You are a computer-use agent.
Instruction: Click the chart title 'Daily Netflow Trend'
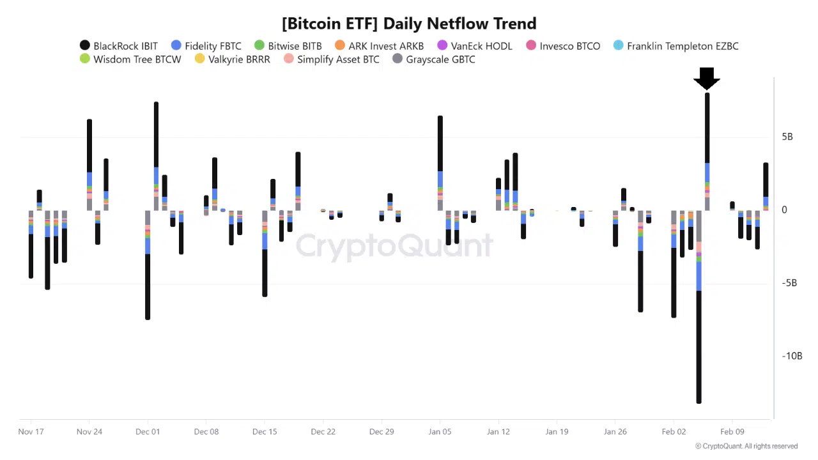click(x=409, y=24)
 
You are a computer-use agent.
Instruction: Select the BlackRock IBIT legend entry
click(x=119, y=46)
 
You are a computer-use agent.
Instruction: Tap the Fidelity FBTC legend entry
click(x=206, y=46)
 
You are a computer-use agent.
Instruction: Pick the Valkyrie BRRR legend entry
click(x=232, y=59)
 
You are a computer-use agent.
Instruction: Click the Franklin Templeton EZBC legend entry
click(x=676, y=46)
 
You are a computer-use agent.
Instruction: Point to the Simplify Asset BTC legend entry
click(x=332, y=59)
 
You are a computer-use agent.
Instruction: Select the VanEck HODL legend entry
click(x=475, y=46)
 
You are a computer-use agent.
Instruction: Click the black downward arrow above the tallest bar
click(x=707, y=79)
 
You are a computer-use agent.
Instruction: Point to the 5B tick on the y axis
click(x=787, y=137)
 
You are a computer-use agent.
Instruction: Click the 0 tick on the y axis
click(x=784, y=210)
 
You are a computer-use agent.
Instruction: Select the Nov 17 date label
click(x=31, y=432)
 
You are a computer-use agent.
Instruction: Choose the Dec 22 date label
click(x=323, y=432)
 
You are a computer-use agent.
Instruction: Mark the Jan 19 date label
click(x=557, y=432)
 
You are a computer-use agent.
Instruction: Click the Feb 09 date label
click(x=732, y=432)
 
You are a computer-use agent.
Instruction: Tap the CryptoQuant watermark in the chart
click(x=394, y=246)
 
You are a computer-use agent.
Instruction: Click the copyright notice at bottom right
click(x=746, y=447)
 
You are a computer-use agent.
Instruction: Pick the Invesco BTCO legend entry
click(x=563, y=46)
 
